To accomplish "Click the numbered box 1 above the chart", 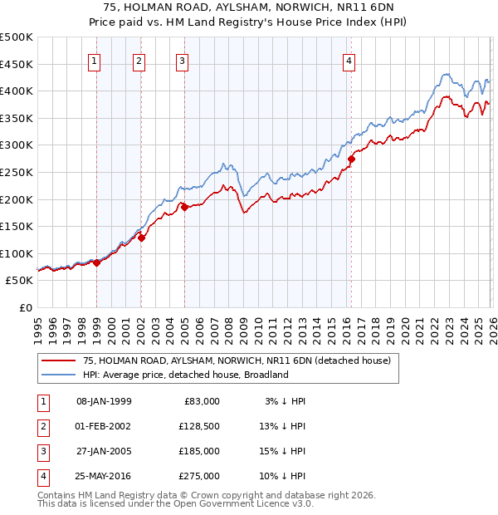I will (x=95, y=60).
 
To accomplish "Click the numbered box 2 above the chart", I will (x=139, y=60).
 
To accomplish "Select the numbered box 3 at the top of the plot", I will (x=182, y=60).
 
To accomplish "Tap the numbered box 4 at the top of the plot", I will (x=349, y=60).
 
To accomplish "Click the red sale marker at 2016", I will (x=351, y=159).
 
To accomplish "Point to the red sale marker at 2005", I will (x=184, y=208).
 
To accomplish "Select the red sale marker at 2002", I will (x=141, y=238).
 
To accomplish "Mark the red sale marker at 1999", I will (x=96, y=262).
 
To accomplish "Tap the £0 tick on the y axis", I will (x=24, y=308).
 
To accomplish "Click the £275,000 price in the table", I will (x=199, y=477).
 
